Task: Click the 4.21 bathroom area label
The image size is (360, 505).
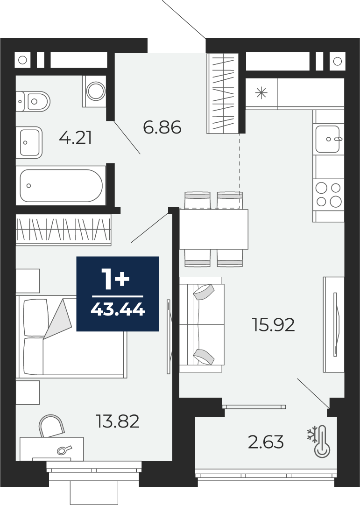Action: [x=76, y=139]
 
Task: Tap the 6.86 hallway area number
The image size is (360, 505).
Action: [x=162, y=127]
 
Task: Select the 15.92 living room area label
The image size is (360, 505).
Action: [x=273, y=325]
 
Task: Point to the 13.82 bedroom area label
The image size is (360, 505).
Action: [x=118, y=421]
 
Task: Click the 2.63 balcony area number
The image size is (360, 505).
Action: [x=266, y=442]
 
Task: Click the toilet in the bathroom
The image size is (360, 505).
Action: [x=33, y=102]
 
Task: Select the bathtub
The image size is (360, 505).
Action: [x=61, y=185]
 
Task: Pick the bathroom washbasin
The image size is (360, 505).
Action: [x=29, y=142]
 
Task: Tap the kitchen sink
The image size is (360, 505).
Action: [x=328, y=139]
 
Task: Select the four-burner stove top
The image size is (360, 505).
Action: [x=328, y=195]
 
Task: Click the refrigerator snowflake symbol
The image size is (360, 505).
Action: [x=261, y=93]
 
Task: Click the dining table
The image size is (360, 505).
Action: [x=213, y=229]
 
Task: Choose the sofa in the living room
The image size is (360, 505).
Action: [x=202, y=324]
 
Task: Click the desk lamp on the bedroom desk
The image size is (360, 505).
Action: [x=64, y=449]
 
